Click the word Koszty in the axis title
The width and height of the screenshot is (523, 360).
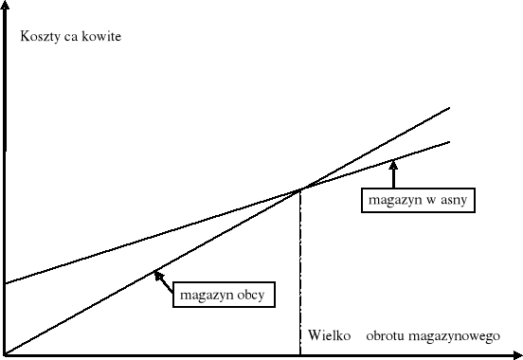tap(41, 37)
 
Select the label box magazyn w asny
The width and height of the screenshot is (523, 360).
tap(418, 201)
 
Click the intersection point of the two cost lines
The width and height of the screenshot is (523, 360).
tap(300, 189)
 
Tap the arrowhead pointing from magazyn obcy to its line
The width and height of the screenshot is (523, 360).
tap(154, 275)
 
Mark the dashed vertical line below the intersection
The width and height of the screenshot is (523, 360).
tap(300, 275)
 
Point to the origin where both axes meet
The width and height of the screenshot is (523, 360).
tap(6, 354)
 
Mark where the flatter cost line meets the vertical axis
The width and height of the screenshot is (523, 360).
tap(6, 283)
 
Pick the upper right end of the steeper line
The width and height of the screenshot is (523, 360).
tap(448, 107)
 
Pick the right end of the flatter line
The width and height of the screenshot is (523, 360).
tap(449, 140)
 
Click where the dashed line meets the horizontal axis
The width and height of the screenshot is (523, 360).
tap(300, 354)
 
